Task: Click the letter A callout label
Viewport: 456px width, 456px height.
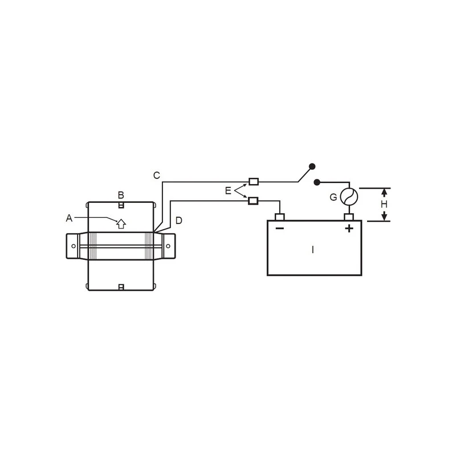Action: point(69,217)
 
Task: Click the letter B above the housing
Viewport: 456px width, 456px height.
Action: point(121,194)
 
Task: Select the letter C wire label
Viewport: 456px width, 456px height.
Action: point(157,176)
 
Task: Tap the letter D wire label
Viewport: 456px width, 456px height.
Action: point(178,220)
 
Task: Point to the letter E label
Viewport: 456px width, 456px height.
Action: point(228,191)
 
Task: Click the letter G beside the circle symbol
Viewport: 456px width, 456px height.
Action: point(333,197)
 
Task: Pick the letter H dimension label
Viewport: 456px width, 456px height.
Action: point(384,204)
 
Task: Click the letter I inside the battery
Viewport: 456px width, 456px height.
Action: point(312,250)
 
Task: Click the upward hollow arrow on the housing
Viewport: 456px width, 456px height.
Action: point(121,223)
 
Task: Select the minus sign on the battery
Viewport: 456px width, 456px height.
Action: point(279,229)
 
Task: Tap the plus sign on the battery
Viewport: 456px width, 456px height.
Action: point(349,229)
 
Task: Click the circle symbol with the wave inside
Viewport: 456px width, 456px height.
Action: point(349,197)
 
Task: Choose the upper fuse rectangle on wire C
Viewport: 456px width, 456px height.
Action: point(254,182)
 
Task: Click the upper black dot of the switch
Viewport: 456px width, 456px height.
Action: point(312,166)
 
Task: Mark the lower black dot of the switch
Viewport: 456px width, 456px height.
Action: point(317,182)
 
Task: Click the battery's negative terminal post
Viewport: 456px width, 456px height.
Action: point(279,217)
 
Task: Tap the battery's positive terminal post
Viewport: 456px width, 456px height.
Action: point(349,217)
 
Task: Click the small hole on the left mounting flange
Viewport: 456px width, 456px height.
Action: point(73,246)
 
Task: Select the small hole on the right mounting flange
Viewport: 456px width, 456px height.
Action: point(168,246)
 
